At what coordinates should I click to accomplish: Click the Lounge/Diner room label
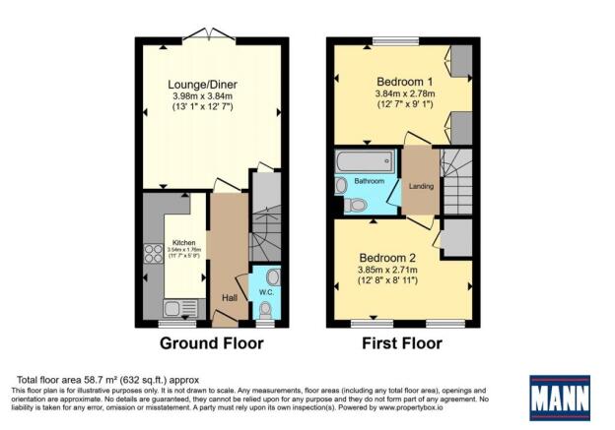(x=213, y=84)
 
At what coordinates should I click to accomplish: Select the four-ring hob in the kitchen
(x=154, y=255)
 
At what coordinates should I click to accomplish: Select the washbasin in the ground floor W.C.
(x=272, y=276)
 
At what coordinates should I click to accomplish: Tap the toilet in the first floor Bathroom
(x=357, y=205)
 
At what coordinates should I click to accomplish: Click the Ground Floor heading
(x=213, y=343)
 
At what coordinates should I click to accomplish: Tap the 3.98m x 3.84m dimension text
(x=213, y=95)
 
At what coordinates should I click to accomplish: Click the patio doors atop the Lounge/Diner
(x=213, y=36)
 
